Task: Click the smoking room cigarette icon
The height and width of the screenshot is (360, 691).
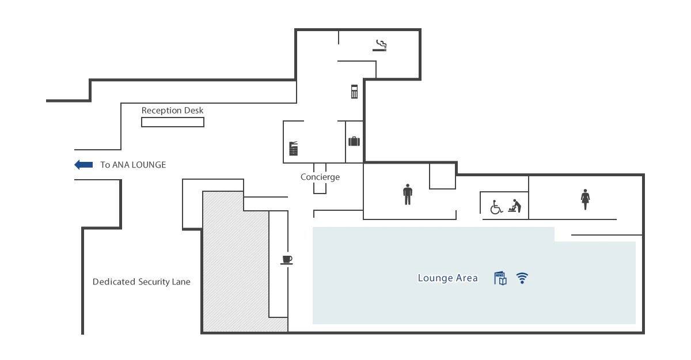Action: tap(379, 46)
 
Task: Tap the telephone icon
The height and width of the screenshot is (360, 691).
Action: tap(355, 92)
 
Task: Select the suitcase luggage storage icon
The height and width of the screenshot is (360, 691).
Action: tap(354, 141)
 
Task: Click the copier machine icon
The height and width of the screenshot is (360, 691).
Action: tap(293, 149)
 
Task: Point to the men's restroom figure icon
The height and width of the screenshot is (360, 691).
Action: tap(408, 194)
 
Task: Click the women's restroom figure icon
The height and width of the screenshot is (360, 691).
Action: tap(585, 199)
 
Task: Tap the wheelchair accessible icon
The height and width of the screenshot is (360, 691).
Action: tap(496, 207)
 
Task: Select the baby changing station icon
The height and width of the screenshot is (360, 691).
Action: tap(515, 206)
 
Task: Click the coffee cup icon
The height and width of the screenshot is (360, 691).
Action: tap(287, 260)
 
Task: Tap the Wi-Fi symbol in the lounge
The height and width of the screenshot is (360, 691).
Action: tap(522, 278)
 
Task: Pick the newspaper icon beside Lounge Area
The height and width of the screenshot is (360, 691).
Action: tap(500, 278)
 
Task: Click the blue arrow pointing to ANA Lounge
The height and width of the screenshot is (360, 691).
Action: tap(83, 165)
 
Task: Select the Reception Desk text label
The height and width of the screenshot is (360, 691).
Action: tap(172, 111)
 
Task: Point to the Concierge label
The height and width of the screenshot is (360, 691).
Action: tap(320, 177)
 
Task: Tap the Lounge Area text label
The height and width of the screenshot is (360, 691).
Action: tap(447, 278)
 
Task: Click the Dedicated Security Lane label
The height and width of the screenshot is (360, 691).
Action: tap(141, 282)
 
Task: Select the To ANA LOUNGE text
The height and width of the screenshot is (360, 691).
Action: tap(133, 165)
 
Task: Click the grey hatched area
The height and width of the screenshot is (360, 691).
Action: tap(234, 262)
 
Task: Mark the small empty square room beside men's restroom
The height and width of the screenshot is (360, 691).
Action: tap(443, 176)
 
